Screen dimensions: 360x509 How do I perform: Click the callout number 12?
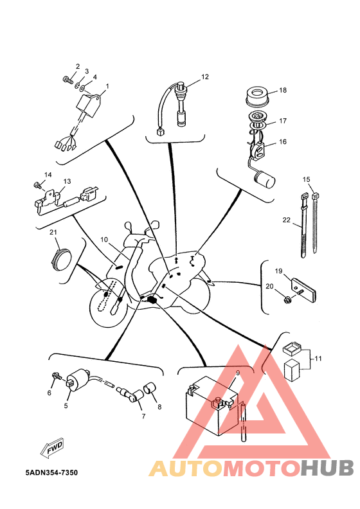(x=205, y=77)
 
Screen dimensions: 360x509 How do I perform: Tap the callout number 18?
(x=283, y=90)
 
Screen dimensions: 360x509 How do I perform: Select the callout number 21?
(x=53, y=232)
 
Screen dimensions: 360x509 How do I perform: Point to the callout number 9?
(x=238, y=373)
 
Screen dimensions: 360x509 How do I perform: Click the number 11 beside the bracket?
(x=318, y=359)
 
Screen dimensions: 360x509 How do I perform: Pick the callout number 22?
(x=286, y=220)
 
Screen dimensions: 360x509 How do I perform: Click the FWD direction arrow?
(x=52, y=449)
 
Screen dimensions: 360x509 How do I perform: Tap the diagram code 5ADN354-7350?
(x=51, y=472)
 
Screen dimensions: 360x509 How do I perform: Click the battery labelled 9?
(x=212, y=406)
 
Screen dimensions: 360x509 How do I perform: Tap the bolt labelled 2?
(x=67, y=79)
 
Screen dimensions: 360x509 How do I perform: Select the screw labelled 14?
(x=37, y=185)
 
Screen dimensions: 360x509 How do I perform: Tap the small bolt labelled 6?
(x=57, y=376)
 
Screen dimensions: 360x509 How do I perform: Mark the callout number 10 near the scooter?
(x=104, y=240)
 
